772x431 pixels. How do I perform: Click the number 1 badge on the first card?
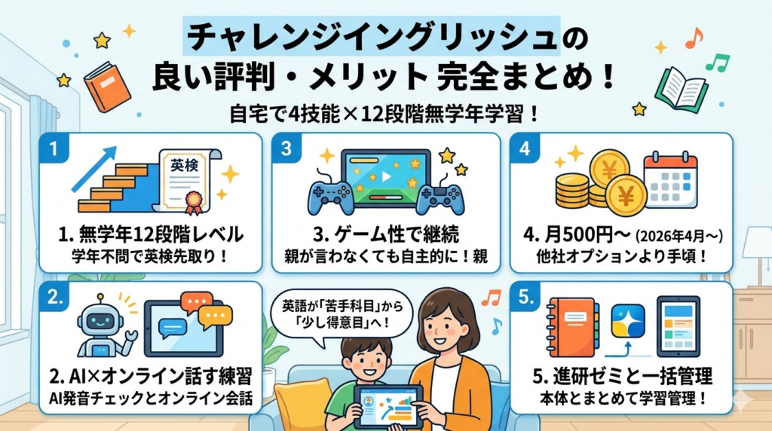click(53, 148)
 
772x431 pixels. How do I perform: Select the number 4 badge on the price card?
click(525, 148)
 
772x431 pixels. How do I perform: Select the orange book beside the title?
click(102, 84)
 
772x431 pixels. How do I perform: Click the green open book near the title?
click(680, 89)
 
